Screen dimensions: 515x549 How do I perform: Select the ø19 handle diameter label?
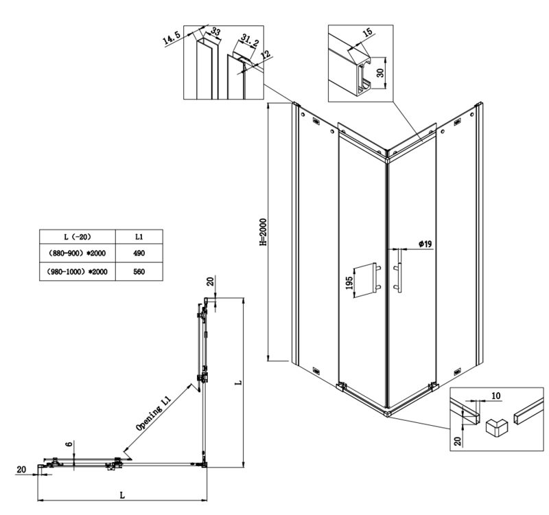pos(424,244)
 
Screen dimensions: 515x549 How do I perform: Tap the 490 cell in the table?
pos(139,253)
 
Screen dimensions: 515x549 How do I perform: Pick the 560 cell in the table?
pos(139,271)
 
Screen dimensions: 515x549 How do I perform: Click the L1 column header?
pos(139,236)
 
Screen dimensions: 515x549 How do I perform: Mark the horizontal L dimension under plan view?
pos(121,493)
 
